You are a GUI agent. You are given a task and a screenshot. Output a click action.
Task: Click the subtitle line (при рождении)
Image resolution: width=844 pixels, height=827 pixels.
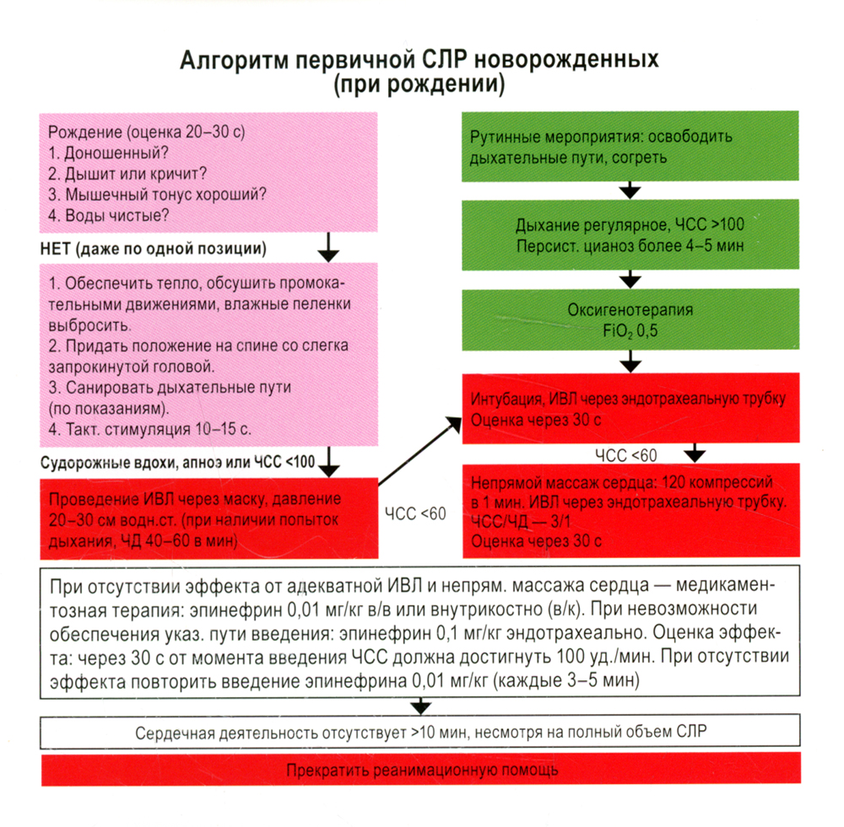tap(419, 85)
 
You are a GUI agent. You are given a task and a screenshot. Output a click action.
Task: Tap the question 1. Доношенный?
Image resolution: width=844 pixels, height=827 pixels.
tap(107, 154)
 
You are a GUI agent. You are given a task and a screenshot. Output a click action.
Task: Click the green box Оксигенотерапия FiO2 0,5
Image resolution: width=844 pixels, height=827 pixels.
tap(630, 320)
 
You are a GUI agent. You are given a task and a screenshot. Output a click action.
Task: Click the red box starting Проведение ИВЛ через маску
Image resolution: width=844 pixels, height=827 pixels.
tap(208, 518)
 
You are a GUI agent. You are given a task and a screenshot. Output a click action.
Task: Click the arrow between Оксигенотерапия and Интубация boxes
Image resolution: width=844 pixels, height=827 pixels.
tap(630, 362)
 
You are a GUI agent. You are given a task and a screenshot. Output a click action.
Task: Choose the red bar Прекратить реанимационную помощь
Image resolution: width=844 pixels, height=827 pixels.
tap(421, 771)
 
